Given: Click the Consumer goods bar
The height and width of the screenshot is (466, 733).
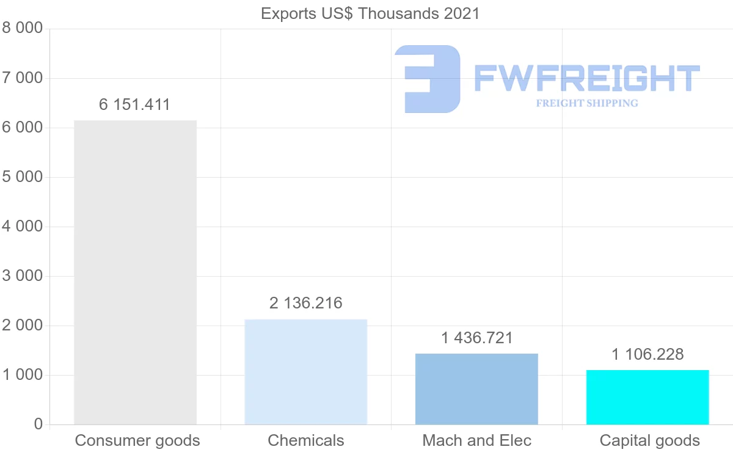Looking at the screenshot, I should click(135, 272).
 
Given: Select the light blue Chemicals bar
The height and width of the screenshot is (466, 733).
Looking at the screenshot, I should click(305, 372).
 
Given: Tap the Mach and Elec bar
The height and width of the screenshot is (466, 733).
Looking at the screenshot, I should click(476, 389).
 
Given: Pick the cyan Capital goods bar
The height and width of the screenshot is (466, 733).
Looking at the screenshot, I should click(647, 397).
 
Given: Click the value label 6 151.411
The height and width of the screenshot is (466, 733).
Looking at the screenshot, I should click(134, 105).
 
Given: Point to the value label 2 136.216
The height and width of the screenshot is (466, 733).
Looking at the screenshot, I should click(305, 303).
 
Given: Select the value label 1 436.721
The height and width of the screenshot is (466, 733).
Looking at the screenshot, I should click(476, 338).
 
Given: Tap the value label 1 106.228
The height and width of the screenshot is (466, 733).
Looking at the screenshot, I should click(647, 354).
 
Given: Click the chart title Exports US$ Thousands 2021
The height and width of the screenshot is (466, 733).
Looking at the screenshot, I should click(370, 13).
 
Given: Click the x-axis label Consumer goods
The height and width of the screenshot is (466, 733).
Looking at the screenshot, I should click(137, 440).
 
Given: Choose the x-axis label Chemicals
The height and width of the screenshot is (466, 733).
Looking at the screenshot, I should click(305, 440).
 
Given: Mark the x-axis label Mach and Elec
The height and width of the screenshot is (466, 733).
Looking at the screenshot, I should click(476, 440).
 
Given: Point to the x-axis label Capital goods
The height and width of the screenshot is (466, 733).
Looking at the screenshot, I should click(649, 440).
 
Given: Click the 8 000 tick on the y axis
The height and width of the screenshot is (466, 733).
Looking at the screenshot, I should click(23, 29).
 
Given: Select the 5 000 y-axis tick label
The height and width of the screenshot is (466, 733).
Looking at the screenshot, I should click(23, 177).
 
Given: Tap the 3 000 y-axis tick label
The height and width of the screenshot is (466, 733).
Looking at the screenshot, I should click(23, 276).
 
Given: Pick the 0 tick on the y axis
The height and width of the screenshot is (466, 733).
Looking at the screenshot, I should click(38, 424).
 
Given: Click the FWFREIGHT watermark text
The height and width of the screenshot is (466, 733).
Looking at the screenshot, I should click(586, 78).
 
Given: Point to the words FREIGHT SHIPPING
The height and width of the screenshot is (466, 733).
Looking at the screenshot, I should click(587, 103).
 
